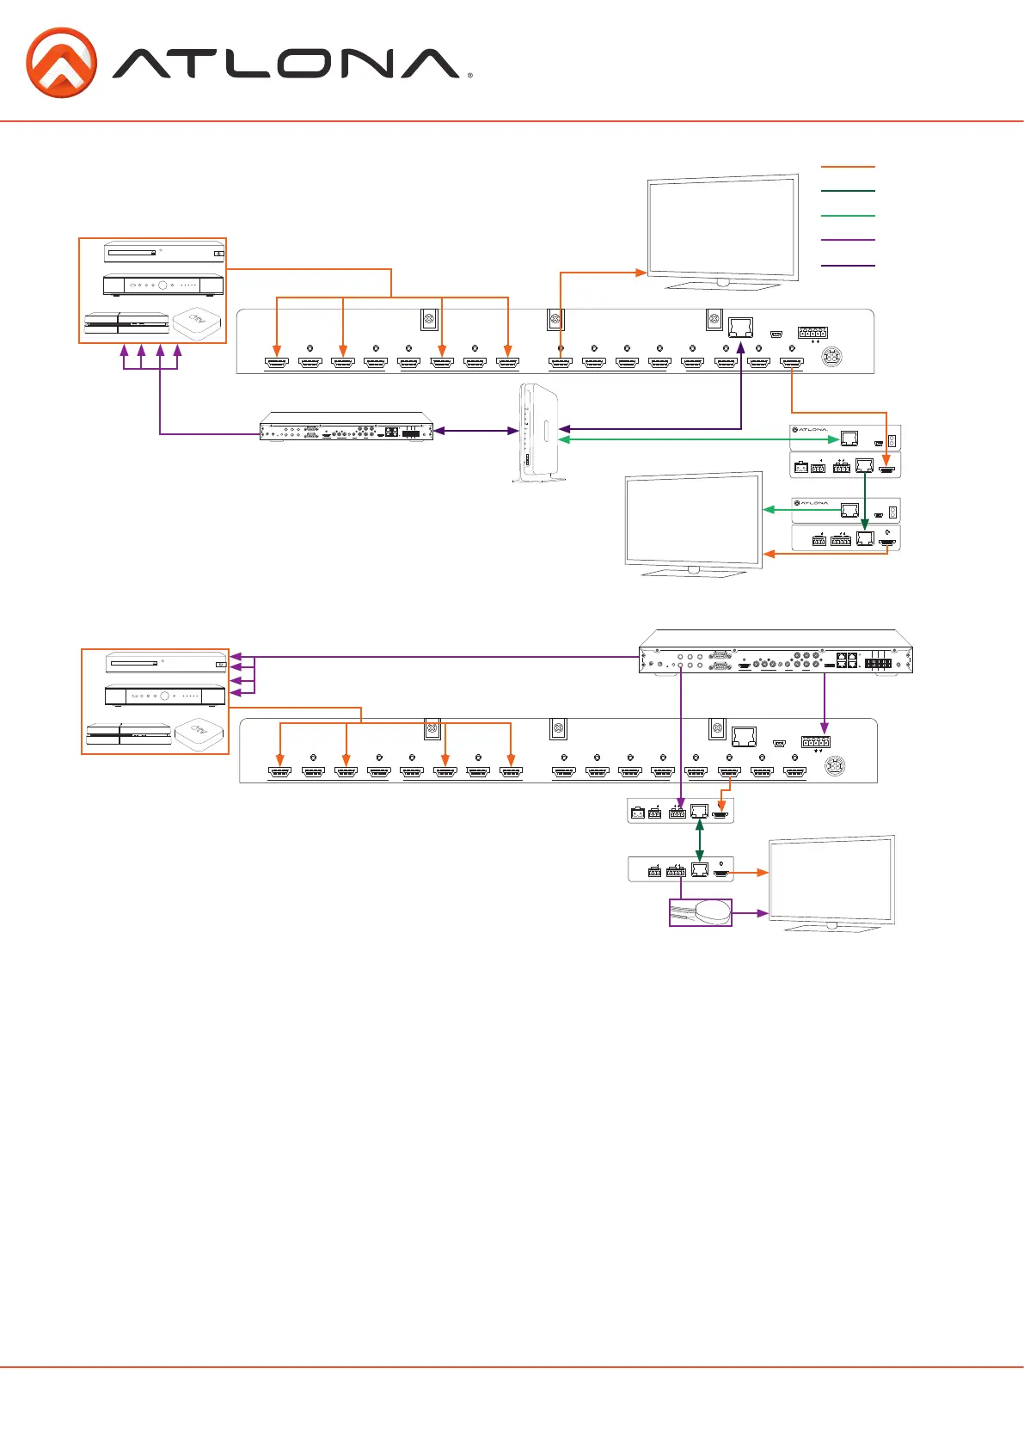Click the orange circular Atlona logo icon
point(61,63)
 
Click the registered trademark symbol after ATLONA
point(469,77)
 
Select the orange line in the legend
point(848,167)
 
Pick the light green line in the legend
point(848,216)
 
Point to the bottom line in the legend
point(848,266)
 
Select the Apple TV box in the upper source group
point(197,323)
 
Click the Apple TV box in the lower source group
point(199,733)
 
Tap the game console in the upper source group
point(126,324)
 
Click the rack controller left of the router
point(346,427)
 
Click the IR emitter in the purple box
point(701,912)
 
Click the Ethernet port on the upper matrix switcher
point(740,328)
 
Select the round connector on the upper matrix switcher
point(832,358)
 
